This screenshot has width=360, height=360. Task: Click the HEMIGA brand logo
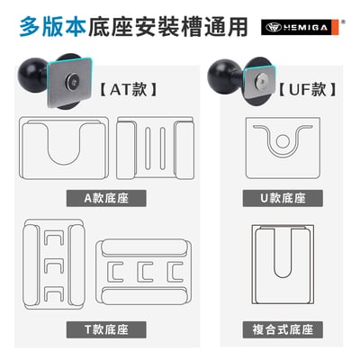(300, 27)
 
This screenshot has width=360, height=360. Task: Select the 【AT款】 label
(128, 89)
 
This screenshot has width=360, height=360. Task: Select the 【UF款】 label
(307, 89)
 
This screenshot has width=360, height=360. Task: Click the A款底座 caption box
(106, 198)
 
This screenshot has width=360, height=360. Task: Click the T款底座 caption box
(106, 329)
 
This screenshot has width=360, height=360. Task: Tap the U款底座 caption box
(283, 198)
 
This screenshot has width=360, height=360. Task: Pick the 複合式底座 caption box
(283, 329)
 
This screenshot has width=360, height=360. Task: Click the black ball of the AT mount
(31, 75)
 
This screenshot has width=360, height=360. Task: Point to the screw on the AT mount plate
(72, 80)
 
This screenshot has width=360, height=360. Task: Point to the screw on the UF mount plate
(260, 80)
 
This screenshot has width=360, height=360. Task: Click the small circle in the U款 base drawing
(283, 141)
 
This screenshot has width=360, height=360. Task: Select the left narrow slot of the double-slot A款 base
(148, 148)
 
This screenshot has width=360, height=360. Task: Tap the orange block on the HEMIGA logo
(336, 27)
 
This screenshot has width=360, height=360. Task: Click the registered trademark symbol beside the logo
(344, 22)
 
